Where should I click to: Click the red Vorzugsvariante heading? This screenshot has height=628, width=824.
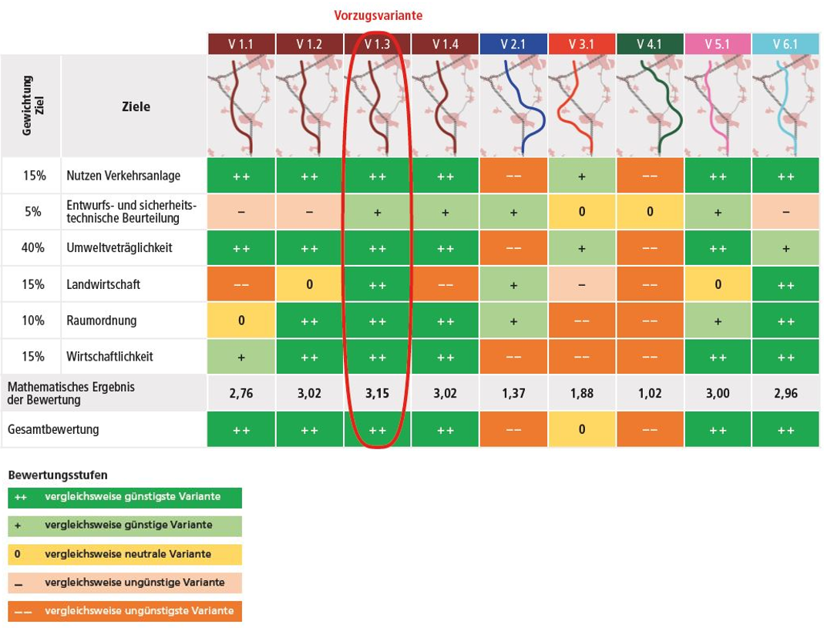pyautogui.click(x=378, y=15)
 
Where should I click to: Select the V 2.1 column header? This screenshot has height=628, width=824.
pyautogui.click(x=513, y=45)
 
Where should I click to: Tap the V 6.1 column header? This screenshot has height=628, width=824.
pyautogui.click(x=785, y=45)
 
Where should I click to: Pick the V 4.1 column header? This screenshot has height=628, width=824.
pyautogui.click(x=649, y=45)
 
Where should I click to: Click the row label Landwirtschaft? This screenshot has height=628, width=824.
pyautogui.click(x=103, y=284)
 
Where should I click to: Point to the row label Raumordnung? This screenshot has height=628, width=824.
pyautogui.click(x=99, y=321)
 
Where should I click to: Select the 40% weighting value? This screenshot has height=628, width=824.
pyautogui.click(x=33, y=248)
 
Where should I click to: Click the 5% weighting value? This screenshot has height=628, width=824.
pyautogui.click(x=33, y=212)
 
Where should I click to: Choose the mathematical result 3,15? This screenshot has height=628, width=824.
pyautogui.click(x=377, y=393)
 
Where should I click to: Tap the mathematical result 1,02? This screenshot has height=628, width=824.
pyautogui.click(x=649, y=393)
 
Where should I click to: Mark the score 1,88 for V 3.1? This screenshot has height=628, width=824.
pyautogui.click(x=581, y=393)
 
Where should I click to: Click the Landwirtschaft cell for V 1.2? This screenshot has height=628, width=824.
pyautogui.click(x=309, y=284)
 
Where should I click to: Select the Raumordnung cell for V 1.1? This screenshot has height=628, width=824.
pyautogui.click(x=241, y=321)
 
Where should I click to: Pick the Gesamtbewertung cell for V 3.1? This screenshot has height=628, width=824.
pyautogui.click(x=581, y=429)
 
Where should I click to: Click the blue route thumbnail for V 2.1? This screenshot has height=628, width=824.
pyautogui.click(x=513, y=106)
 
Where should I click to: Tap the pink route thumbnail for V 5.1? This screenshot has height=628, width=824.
pyautogui.click(x=718, y=106)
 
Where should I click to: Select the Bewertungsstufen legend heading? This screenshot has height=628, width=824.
pyautogui.click(x=58, y=475)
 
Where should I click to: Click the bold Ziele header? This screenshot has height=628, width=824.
pyautogui.click(x=136, y=106)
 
